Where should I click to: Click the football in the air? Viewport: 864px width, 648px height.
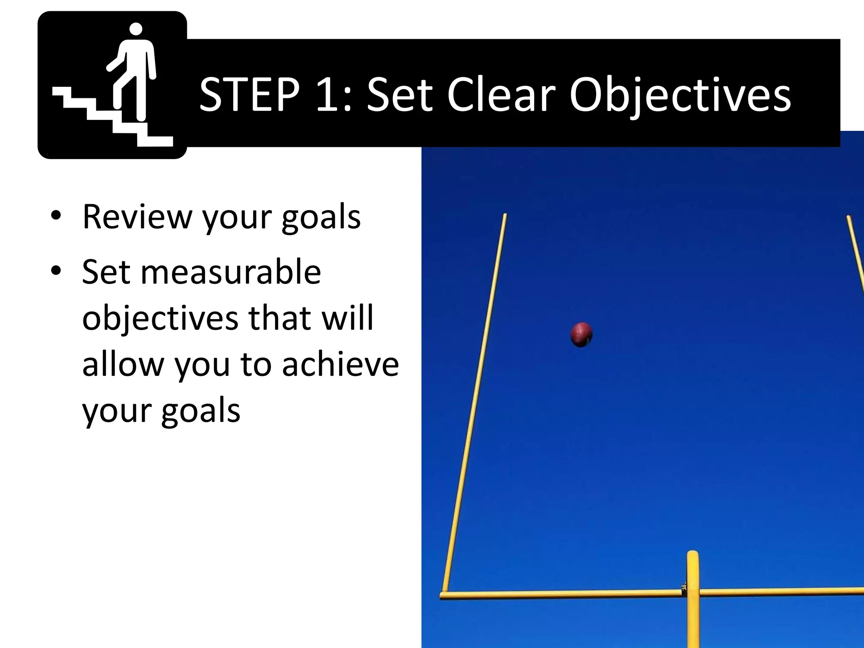[581, 335]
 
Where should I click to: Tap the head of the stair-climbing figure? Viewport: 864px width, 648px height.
[135, 30]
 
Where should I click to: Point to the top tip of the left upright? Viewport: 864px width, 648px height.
[505, 216]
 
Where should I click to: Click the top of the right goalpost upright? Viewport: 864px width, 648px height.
[849, 218]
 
